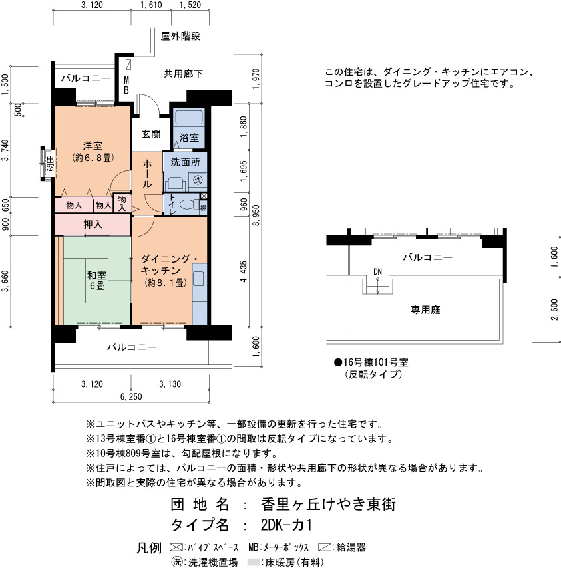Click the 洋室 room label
pos(93,146)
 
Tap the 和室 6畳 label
pos(96,281)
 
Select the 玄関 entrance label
pos(151,134)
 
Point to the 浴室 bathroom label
pos(189,138)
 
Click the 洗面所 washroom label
pos(185,162)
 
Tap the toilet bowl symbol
pos(188,206)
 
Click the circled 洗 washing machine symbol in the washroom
pos(198,180)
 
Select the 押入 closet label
pos(93,225)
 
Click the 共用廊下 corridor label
pos(184,74)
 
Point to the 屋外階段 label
pos(180,36)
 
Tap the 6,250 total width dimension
pos(131,396)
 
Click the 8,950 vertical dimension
pos(256,215)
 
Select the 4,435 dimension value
pos(243,271)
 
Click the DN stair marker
pos(377,271)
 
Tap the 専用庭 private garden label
pos(425,310)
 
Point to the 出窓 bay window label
pos(50,164)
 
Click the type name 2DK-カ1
pos(286,525)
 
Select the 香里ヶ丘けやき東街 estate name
pos(328,504)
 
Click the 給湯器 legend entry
pos(342,547)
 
